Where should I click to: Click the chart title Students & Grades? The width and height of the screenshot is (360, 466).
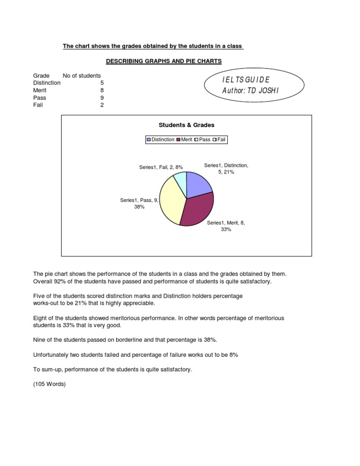pos(187,125)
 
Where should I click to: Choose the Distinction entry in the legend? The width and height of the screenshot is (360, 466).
pos(161,140)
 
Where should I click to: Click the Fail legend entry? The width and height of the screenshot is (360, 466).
pos(219,140)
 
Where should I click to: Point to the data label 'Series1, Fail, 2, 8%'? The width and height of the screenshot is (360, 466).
pos(161,167)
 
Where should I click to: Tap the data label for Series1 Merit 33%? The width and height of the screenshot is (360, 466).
pos(226,226)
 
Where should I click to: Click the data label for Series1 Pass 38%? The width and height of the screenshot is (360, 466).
pos(139,203)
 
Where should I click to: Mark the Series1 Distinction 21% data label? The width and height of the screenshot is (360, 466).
pos(226,169)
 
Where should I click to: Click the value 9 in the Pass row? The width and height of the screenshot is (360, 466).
pos(102,98)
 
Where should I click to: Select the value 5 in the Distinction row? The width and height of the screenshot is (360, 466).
pos(102,83)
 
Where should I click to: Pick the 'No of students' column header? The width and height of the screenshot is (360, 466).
pos(82,75)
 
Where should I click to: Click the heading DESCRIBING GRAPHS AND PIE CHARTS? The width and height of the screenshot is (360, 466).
pos(164,61)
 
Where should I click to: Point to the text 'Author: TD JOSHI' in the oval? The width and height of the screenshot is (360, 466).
pos(250,90)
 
